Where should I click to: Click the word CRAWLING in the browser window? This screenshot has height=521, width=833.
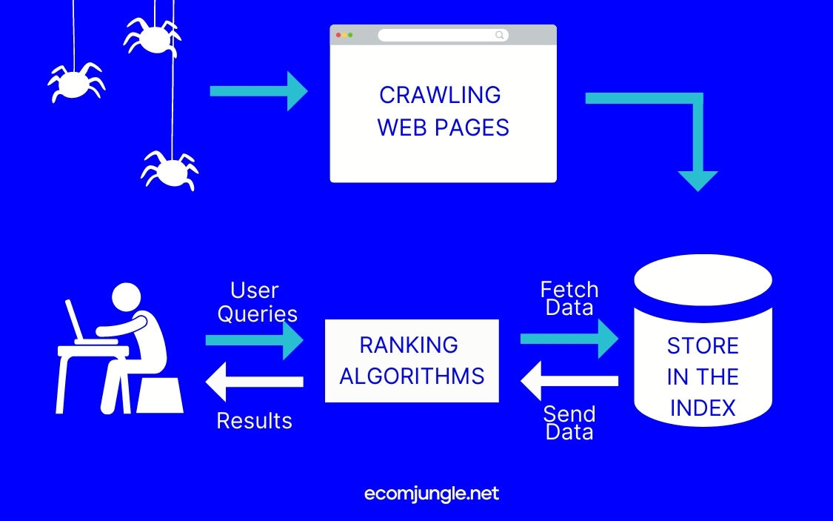pyautogui.click(x=440, y=95)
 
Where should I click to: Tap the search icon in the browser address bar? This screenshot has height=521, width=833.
pyautogui.click(x=500, y=35)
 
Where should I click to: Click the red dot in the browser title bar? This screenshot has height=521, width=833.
pyautogui.click(x=338, y=35)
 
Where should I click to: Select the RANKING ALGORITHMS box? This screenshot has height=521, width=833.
pyautogui.click(x=412, y=360)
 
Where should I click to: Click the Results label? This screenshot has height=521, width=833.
pyautogui.click(x=254, y=421)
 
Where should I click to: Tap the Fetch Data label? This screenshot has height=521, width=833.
pyautogui.click(x=569, y=298)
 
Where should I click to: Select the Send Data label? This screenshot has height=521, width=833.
pyautogui.click(x=569, y=422)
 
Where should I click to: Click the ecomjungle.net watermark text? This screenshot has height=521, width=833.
pyautogui.click(x=432, y=494)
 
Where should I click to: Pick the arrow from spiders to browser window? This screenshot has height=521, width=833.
pyautogui.click(x=258, y=91)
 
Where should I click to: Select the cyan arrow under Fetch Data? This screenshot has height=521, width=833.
pyautogui.click(x=569, y=339)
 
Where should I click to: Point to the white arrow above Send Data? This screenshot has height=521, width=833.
pyautogui.click(x=569, y=381)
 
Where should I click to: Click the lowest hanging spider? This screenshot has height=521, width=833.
pyautogui.click(x=170, y=170)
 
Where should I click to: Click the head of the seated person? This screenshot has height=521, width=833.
pyautogui.click(x=125, y=296)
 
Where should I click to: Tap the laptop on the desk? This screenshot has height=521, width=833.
pyautogui.click(x=78, y=322)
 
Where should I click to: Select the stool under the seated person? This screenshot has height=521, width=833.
pyautogui.click(x=159, y=394)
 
